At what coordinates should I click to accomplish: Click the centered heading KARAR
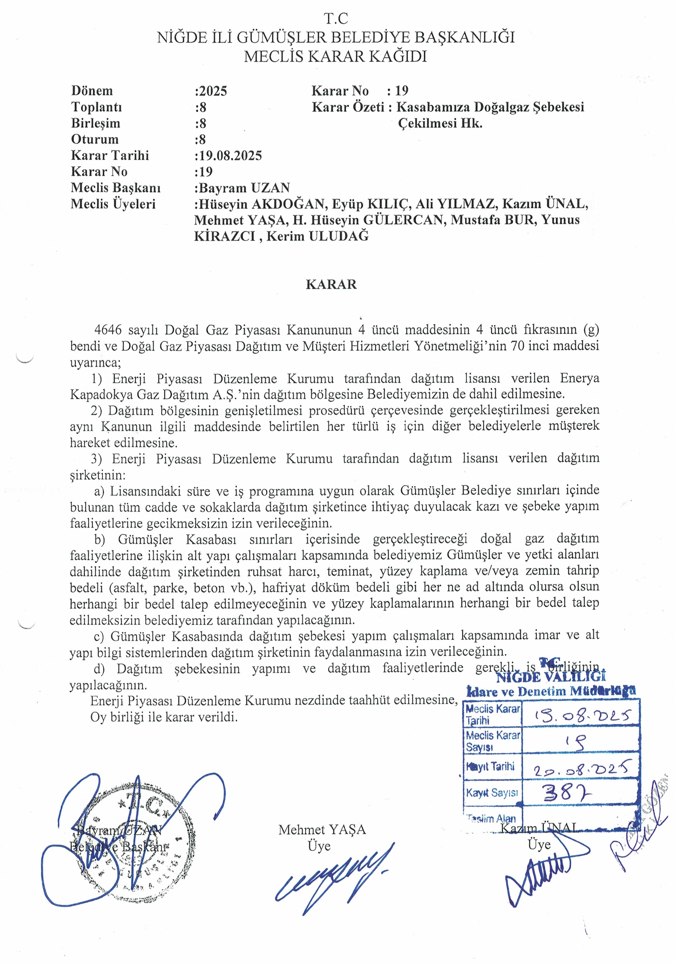click(x=331, y=284)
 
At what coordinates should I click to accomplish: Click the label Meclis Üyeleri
click(x=113, y=204)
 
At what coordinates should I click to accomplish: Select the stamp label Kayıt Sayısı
click(x=492, y=793)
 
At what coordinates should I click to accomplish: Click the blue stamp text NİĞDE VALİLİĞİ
click(x=550, y=677)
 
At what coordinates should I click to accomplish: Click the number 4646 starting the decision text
click(x=108, y=330)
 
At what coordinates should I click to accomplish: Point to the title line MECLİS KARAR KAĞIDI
click(x=336, y=56)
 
